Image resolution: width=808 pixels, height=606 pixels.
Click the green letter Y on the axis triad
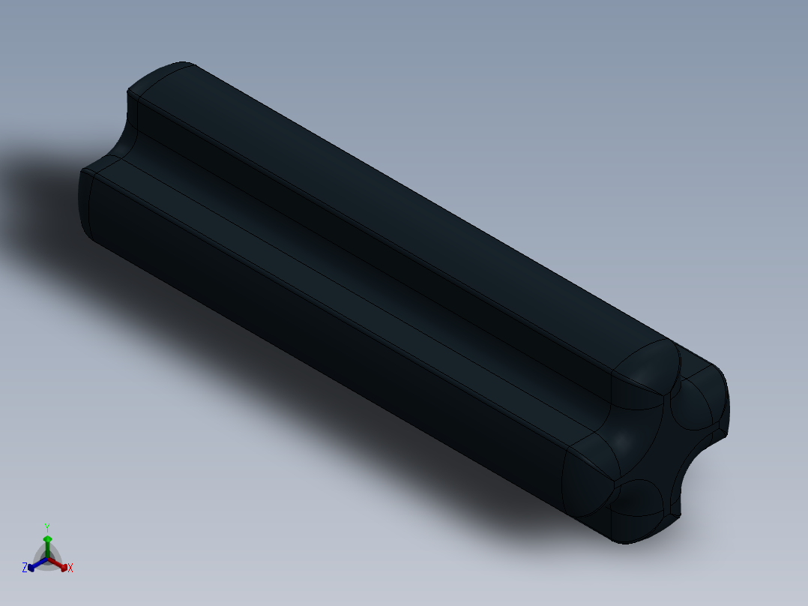(46, 526)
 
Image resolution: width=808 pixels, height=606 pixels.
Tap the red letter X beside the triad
(70, 568)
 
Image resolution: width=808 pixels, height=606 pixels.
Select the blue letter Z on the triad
(25, 568)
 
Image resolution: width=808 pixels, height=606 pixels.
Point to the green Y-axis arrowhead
(47, 538)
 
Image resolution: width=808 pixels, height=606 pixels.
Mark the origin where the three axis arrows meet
(47, 559)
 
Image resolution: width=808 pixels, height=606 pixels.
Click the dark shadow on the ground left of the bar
(45, 195)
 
